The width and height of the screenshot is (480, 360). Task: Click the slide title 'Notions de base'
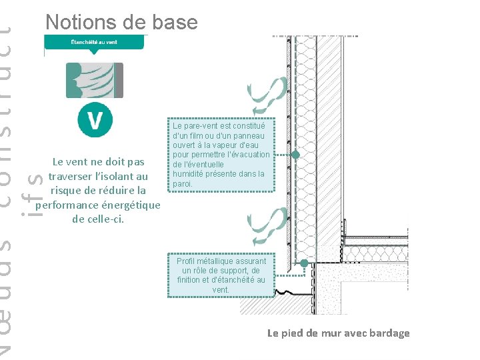pos(121,22)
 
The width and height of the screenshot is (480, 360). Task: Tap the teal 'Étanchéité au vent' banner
pos(94,42)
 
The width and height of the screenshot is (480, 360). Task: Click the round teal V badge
pos(95,121)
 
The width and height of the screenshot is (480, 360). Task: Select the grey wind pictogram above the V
pos(94,80)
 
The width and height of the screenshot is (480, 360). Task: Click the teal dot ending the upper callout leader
pos(295,155)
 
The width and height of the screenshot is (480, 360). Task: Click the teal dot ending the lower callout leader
pos(304,263)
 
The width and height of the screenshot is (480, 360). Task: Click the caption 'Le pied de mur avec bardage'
pos(339,333)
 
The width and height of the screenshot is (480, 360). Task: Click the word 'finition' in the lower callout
pos(192,280)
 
